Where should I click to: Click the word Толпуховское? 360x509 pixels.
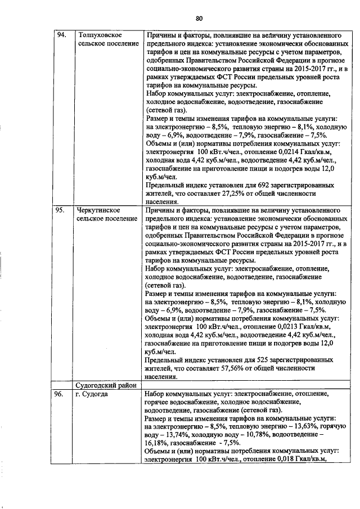coord(101,35)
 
